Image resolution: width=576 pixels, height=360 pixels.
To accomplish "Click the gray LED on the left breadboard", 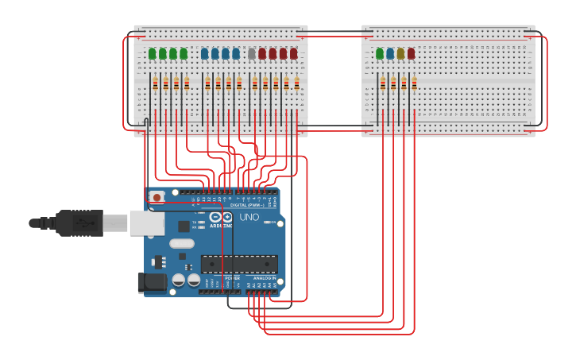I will pos(252,54).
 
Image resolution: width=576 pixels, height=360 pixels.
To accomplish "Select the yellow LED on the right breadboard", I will pos(400,54).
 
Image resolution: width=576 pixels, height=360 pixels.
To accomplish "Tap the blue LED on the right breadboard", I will pos(390,54).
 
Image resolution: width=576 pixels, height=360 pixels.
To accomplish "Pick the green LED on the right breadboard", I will pos(380,54).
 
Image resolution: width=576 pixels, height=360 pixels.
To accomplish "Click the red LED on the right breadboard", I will pos(411,54).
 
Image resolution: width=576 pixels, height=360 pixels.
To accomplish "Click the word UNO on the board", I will pos(249,217).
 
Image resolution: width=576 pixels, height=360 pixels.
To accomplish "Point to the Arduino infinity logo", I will pos(220,217).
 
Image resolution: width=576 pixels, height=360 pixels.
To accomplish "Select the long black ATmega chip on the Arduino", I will pos(238,264).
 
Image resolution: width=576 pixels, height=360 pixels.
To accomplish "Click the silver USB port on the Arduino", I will pos(146,223).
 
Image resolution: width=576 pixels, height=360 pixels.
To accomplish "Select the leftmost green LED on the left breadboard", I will pos(152,54).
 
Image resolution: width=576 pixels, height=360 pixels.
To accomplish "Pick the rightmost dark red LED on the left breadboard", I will pos(293,54).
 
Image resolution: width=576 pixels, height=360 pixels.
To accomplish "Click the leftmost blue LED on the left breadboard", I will pos(205,54).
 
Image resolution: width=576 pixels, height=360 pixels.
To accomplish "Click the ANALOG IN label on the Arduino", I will pos(265,278).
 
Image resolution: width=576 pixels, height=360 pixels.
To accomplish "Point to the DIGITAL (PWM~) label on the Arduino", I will pos(247,205).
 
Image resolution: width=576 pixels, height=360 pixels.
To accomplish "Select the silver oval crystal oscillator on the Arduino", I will pos(181,244).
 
